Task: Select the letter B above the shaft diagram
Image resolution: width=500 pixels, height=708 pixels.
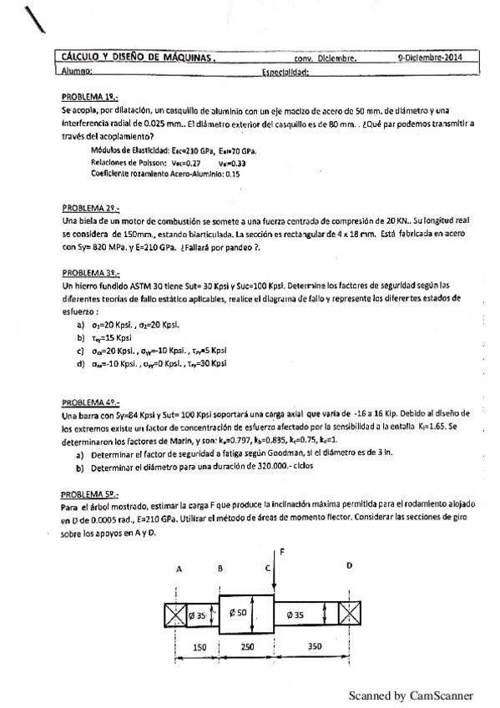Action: pos(219,568)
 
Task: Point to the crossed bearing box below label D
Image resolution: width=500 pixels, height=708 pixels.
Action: pos(349,615)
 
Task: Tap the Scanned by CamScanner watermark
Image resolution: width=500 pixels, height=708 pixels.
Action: pos(410,695)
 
